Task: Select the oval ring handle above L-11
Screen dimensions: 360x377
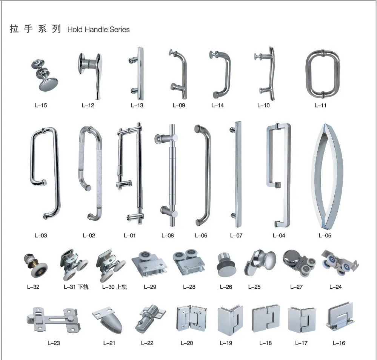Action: [322, 73]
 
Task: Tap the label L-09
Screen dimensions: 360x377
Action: [179, 105]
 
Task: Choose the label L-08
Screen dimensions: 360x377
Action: [168, 235]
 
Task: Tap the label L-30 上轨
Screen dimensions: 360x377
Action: [114, 287]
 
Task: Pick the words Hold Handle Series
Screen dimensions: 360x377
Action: [98, 29]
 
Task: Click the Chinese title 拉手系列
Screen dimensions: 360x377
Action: [35, 29]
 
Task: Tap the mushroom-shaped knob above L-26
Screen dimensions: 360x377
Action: [226, 263]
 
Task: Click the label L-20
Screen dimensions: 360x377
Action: [186, 343]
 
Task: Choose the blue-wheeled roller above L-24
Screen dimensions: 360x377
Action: [338, 262]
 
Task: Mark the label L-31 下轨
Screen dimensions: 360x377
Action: [76, 287]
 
